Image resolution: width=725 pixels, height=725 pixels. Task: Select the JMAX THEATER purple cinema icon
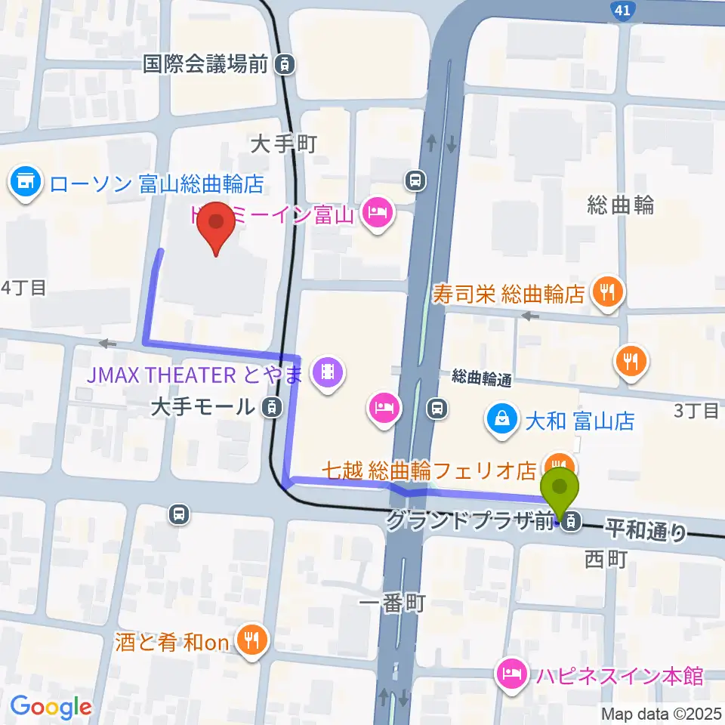[x=326, y=372]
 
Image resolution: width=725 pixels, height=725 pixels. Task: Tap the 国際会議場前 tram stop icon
[x=285, y=64]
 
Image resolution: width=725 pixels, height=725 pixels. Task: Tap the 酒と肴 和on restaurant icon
[x=248, y=642]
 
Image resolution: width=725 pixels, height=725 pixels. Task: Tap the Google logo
[x=51, y=707]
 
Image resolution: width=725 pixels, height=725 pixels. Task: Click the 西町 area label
[x=606, y=560]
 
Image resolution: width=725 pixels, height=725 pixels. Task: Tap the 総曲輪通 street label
[x=483, y=377]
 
